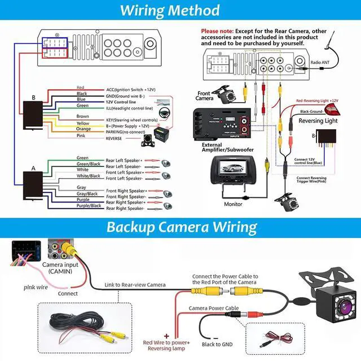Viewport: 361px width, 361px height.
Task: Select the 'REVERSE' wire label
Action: coord(114,138)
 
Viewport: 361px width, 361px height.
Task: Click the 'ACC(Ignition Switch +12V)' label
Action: coord(131,90)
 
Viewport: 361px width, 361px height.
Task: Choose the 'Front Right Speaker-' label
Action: coord(127,196)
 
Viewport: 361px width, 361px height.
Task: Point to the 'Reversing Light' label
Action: coord(319,121)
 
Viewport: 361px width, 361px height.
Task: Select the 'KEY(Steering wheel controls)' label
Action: coord(132,120)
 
